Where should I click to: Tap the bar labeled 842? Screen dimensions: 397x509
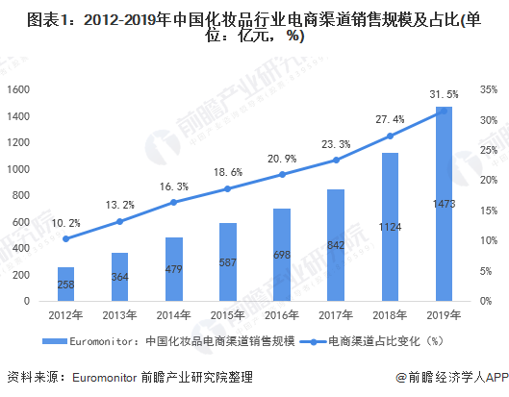point(335,245)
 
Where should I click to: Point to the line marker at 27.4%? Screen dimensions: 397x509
point(390,136)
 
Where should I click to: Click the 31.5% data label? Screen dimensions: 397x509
point(444,94)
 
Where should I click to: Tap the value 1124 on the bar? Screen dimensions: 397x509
point(389,228)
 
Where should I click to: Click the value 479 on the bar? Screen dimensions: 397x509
point(173,271)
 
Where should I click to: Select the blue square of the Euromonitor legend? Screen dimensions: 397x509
point(49,340)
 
